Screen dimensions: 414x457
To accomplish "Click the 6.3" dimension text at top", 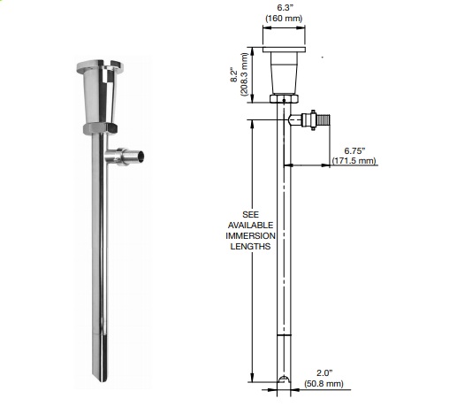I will (284, 11).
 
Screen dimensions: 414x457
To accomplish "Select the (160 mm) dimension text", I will (284, 22).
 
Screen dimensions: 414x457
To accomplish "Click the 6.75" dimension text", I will (354, 149).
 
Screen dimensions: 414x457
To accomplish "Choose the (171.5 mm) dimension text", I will (354, 160).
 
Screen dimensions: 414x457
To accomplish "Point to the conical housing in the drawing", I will (284, 73).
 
